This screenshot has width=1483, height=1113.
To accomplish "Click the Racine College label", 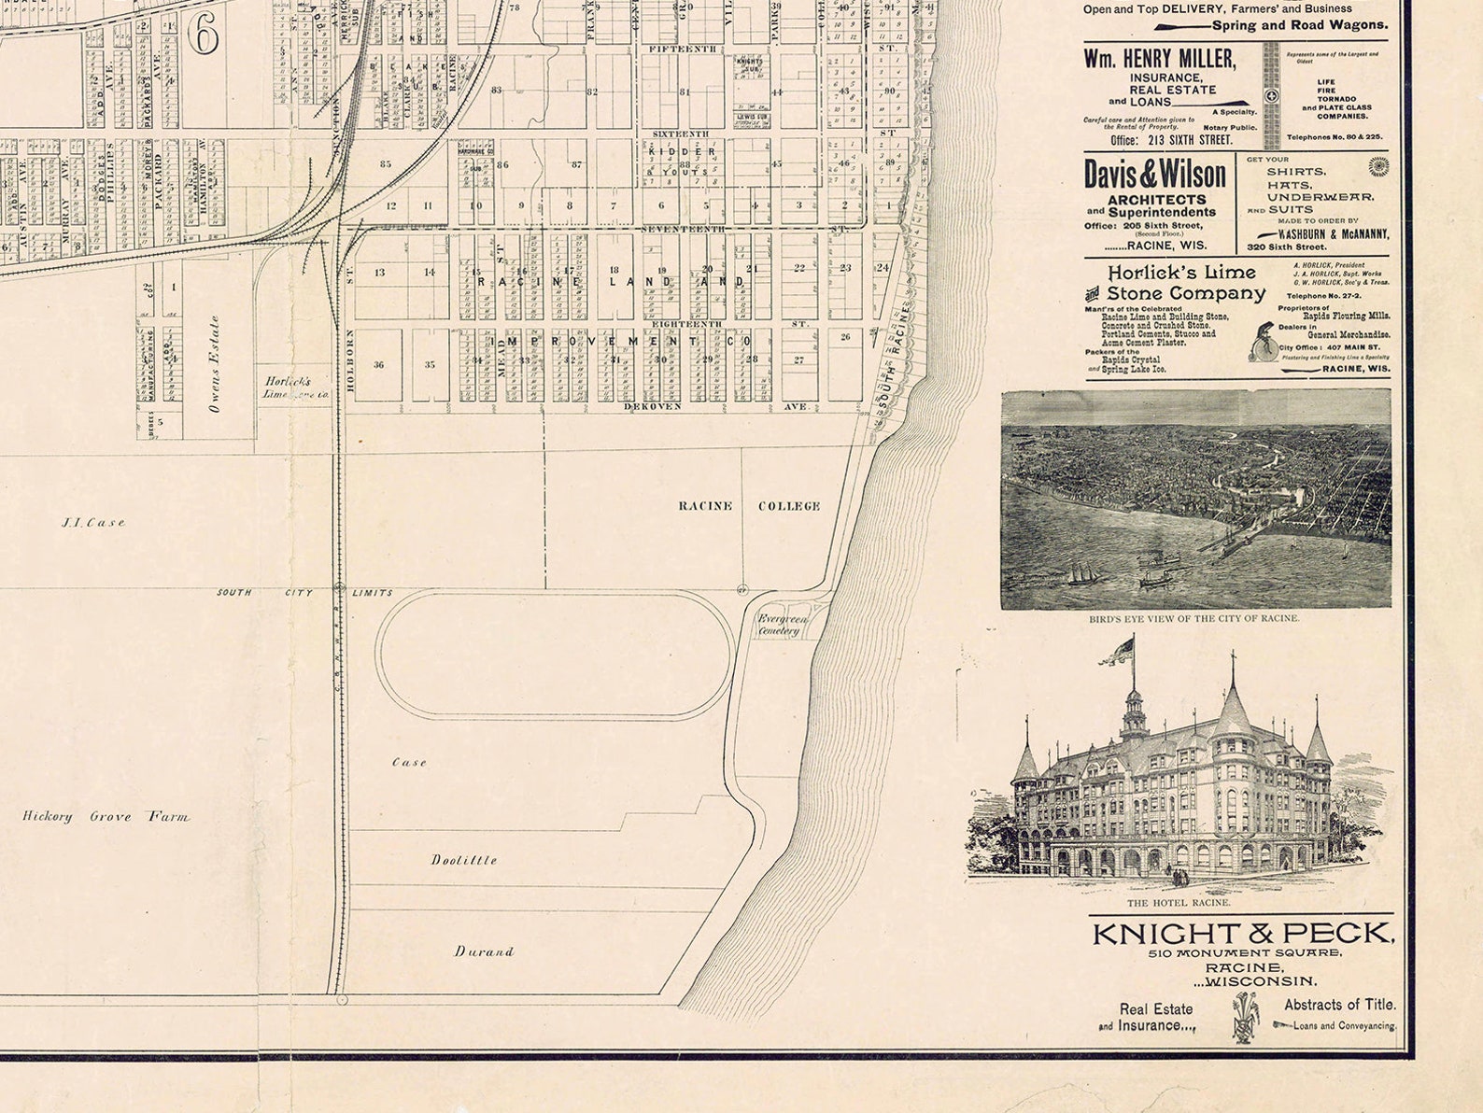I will [x=749, y=506].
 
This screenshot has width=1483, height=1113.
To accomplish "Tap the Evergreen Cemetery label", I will [x=781, y=625].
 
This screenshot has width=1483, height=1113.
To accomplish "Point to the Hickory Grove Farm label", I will [x=106, y=816].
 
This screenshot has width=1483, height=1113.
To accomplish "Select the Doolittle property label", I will [x=464, y=860].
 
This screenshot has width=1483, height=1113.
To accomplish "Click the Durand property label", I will [x=484, y=951].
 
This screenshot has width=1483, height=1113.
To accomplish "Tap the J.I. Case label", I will [x=93, y=523].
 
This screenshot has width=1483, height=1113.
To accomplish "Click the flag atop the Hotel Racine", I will [x=1118, y=651].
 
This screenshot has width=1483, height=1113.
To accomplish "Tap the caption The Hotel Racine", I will [x=1179, y=903].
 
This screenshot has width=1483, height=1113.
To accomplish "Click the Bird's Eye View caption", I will [x=1193, y=618].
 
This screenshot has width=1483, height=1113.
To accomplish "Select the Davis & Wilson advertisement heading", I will [x=1155, y=175].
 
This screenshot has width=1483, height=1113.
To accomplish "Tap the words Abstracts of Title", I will [x=1339, y=1005].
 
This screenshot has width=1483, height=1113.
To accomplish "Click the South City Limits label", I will [x=304, y=593].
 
